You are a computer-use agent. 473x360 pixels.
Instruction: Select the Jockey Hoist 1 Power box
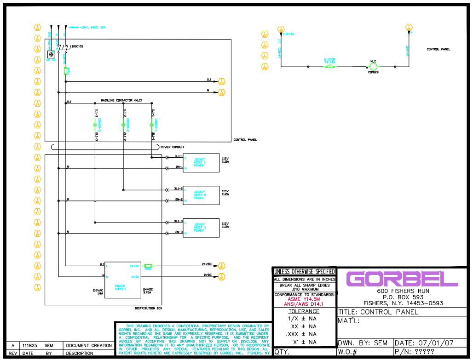tap(201, 162)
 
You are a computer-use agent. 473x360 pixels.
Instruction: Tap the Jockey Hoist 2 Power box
tap(201, 195)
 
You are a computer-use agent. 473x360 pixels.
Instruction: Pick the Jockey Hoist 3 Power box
tap(201, 228)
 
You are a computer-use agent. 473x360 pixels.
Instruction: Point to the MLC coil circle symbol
tap(373, 67)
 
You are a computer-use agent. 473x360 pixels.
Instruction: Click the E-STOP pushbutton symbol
tap(330, 67)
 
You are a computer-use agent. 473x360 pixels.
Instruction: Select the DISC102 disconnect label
tap(77, 46)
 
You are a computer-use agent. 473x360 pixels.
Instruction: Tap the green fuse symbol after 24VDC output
tap(148, 266)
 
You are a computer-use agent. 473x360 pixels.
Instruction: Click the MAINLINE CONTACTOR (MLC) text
tap(121, 100)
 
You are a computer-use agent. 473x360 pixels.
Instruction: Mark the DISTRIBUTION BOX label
tap(147, 308)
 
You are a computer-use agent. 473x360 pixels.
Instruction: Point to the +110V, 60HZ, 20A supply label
tap(92, 28)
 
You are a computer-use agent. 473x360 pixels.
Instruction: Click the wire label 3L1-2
tap(178, 189)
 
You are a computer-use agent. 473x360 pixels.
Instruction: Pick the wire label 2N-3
tap(179, 232)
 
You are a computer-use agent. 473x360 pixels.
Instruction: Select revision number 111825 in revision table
tap(30, 345)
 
